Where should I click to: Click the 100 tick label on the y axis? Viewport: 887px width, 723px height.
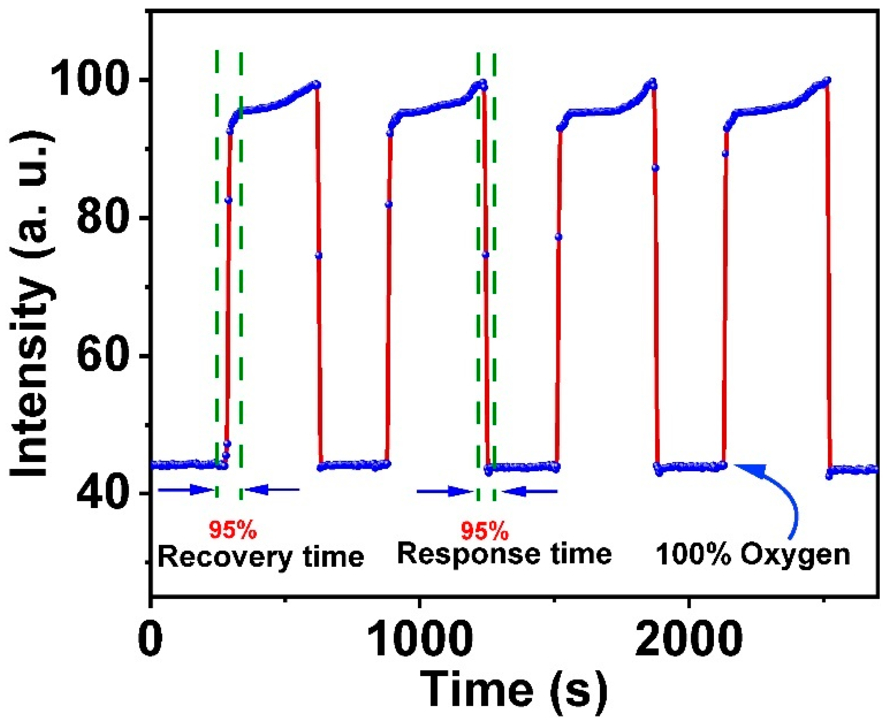coord(88,80)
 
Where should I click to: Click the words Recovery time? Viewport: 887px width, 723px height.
coord(260,557)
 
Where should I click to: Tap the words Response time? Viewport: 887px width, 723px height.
coord(504,554)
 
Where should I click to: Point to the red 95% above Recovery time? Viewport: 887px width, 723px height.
coord(233,530)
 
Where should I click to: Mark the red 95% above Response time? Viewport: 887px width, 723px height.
coord(484,531)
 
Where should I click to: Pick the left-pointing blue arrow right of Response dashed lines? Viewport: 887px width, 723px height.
coord(530,491)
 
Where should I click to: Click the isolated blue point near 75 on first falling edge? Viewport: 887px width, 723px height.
coord(319,255)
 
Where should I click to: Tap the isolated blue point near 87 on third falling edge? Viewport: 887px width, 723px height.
coord(655,168)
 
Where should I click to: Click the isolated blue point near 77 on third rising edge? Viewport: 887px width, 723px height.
coord(559,237)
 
